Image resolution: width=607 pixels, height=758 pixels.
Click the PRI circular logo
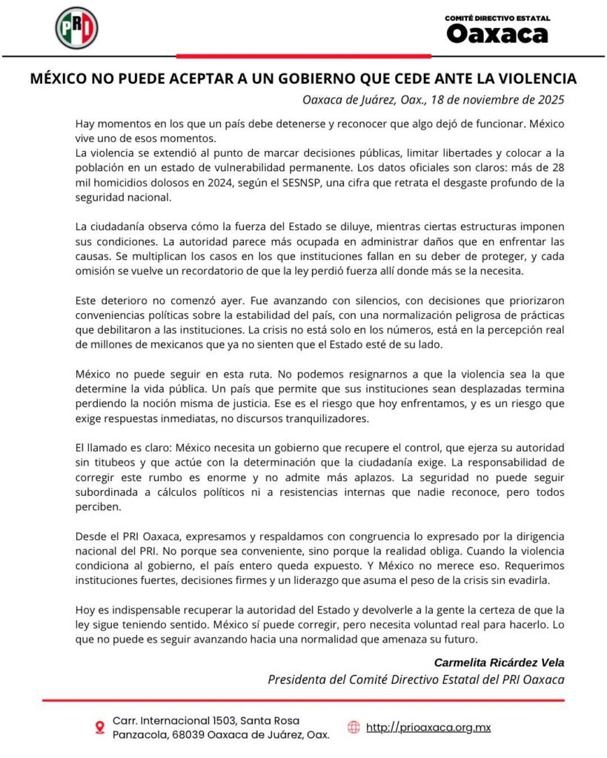[76, 27]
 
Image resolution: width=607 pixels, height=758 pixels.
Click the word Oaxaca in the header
[497, 34]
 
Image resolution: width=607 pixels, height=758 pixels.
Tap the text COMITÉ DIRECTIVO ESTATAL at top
[497, 17]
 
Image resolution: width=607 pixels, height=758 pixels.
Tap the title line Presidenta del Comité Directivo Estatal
[415, 680]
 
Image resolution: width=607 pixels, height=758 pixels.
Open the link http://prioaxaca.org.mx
[428, 727]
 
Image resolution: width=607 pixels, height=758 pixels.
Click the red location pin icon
[99, 728]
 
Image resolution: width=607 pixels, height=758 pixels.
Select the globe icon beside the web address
[354, 727]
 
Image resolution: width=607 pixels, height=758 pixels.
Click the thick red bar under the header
[304, 56]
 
